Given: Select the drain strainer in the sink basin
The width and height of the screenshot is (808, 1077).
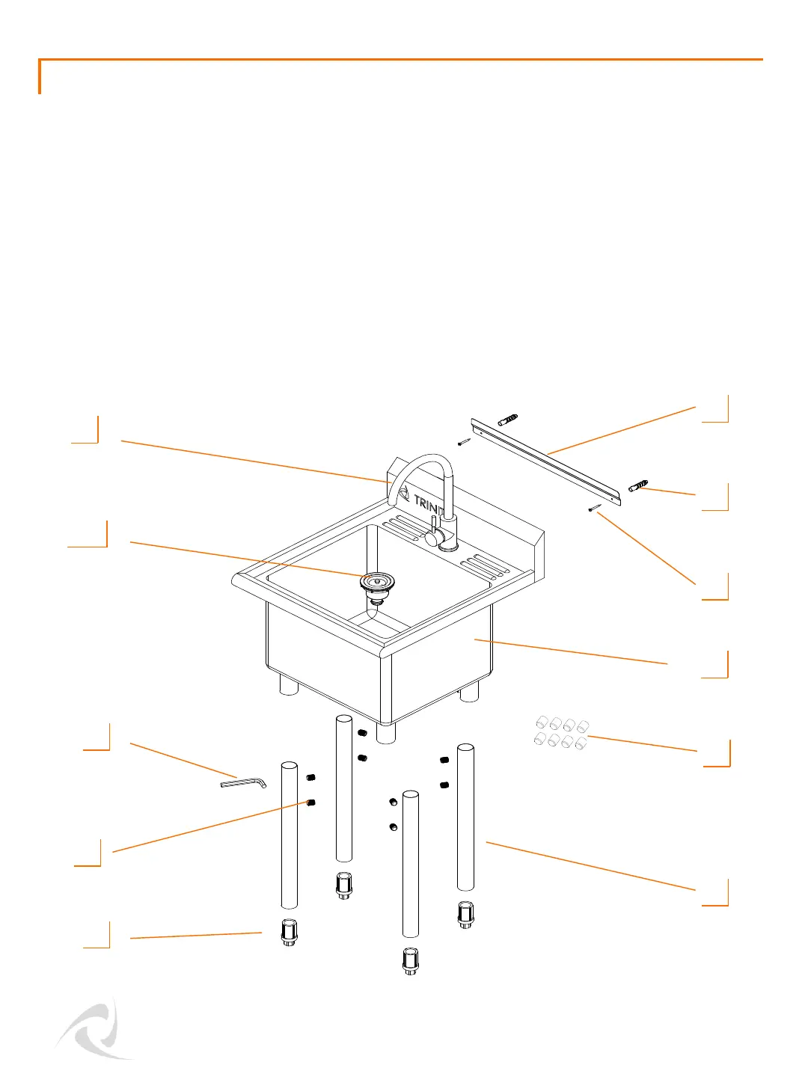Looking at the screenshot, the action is coord(377,580).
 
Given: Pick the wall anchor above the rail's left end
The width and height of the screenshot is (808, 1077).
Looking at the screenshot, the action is coord(508,419).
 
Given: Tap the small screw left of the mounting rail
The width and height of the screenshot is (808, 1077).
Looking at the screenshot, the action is coord(464,442).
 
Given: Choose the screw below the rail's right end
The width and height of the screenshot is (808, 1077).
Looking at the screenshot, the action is coord(595,508).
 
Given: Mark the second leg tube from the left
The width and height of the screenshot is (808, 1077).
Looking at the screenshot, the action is coord(343,788).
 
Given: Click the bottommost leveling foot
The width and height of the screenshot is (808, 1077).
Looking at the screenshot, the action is coord(410,961).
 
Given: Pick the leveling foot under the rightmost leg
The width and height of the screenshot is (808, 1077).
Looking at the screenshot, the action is coord(465,914).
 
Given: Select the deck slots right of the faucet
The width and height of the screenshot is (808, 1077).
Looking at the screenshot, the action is coord(486,566).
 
